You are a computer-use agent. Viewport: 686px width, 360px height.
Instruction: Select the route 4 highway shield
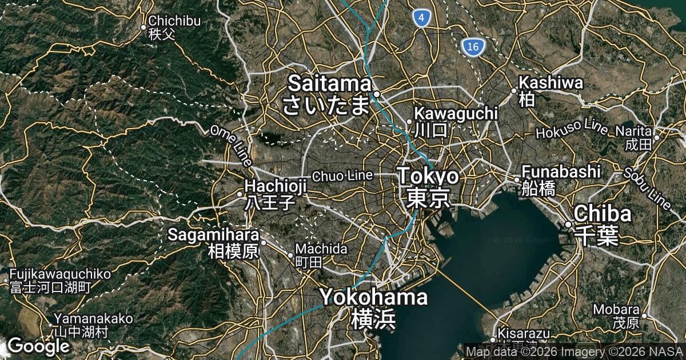pyautogui.click(x=421, y=19)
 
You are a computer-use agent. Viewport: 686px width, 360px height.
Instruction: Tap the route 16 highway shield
pyautogui.click(x=472, y=47)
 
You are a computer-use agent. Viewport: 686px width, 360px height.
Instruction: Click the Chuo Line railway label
pyautogui.click(x=342, y=175)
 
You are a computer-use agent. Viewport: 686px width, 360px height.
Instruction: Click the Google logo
pyautogui.click(x=38, y=346)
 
